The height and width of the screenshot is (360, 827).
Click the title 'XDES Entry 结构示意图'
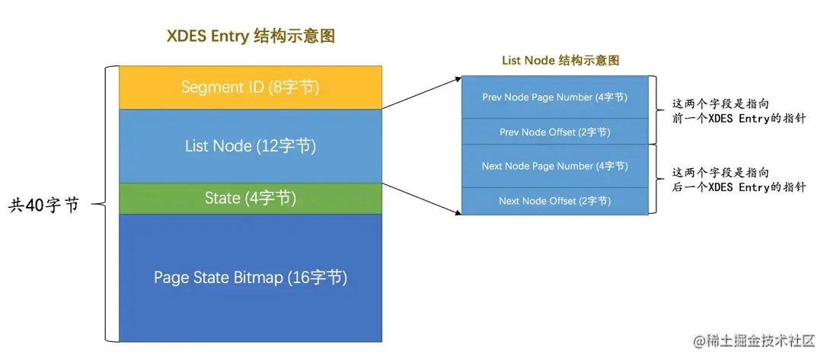(251, 37)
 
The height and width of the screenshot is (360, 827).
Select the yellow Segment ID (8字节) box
(250, 87)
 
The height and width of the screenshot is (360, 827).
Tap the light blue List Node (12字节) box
(250, 145)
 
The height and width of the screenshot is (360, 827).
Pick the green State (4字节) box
(250, 199)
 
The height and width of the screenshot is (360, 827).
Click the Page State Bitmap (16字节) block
(250, 277)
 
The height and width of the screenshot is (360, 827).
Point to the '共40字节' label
(43, 205)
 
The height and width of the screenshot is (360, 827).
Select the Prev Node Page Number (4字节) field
(554, 97)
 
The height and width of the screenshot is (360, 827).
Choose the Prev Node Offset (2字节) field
(554, 132)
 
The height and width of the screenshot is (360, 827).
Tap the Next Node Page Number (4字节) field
(554, 166)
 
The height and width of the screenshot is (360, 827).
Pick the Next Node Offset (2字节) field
(554, 201)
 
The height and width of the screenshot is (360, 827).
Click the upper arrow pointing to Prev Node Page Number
(421, 92)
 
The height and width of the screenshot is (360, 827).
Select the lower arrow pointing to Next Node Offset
(421, 199)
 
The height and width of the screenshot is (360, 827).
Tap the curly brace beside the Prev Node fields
(657, 110)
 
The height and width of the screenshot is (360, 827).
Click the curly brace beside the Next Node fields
(657, 180)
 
